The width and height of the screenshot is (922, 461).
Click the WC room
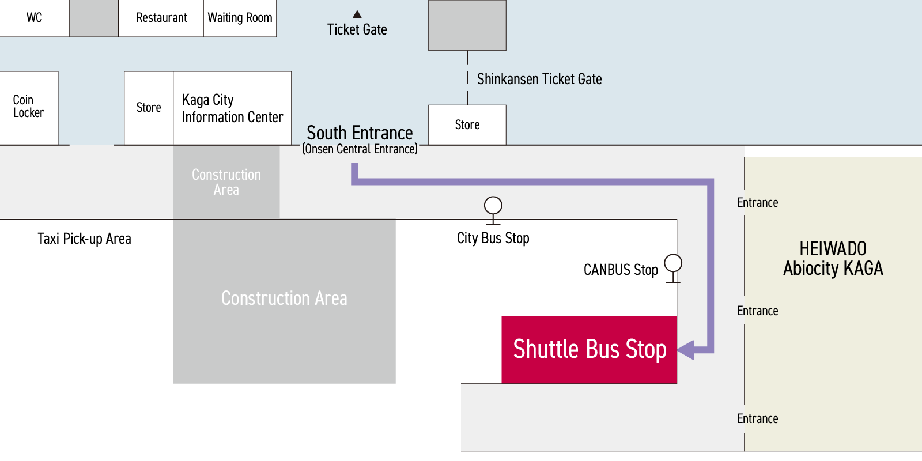coord(35,18)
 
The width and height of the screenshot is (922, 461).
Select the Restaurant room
coord(161,18)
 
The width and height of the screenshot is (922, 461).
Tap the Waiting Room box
coord(240,18)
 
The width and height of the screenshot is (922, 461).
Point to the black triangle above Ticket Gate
coord(357,14)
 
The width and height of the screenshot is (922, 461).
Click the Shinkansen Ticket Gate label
coord(539,79)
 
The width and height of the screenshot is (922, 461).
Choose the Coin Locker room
coord(29,108)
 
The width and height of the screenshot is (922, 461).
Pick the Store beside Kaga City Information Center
coord(149,108)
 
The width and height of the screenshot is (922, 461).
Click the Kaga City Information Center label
coord(233,108)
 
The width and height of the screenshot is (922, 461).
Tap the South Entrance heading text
coord(360,133)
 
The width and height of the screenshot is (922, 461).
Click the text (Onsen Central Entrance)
coord(360,149)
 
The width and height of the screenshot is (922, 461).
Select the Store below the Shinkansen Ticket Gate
coord(467,124)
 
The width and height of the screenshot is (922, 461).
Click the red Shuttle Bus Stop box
coord(589,350)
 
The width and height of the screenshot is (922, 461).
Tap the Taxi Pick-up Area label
coord(84,239)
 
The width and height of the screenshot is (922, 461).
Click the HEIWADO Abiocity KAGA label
coord(833,259)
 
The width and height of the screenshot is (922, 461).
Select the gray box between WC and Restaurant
coord(94,18)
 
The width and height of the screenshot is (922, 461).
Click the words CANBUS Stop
coord(621,270)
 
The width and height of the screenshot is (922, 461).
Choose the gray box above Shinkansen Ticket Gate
coord(467,25)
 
